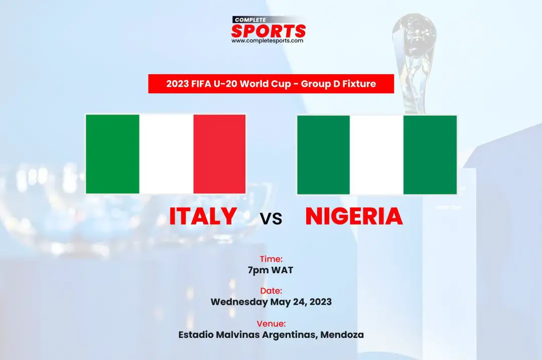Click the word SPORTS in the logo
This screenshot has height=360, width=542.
pyautogui.click(x=268, y=31)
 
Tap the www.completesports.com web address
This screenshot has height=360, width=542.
pyautogui.click(x=267, y=41)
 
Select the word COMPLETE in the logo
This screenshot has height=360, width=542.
pyautogui.click(x=250, y=20)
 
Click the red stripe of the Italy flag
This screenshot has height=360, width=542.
pyautogui.click(x=219, y=154)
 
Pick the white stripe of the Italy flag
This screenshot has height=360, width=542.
pyautogui.click(x=166, y=154)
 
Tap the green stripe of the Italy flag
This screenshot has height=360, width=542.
pyautogui.click(x=113, y=154)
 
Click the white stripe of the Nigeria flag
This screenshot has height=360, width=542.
pyautogui.click(x=376, y=155)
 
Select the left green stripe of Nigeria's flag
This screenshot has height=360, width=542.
pyautogui.click(x=324, y=155)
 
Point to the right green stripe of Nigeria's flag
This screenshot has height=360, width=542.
pyautogui.click(x=430, y=155)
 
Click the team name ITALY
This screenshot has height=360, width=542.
pyautogui.click(x=203, y=216)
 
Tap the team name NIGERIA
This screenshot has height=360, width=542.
pyautogui.click(x=354, y=216)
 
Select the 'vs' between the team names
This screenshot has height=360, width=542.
pyautogui.click(x=272, y=219)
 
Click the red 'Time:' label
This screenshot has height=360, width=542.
pyautogui.click(x=272, y=259)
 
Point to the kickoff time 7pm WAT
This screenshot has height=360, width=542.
pyautogui.click(x=270, y=270)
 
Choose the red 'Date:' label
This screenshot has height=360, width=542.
pyautogui.click(x=272, y=291)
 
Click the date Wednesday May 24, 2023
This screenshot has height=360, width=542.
pyautogui.click(x=272, y=302)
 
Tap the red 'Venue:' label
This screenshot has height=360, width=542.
pyautogui.click(x=272, y=324)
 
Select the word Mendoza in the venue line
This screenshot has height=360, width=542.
pyautogui.click(x=342, y=335)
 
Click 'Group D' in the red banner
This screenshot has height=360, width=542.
pyautogui.click(x=320, y=84)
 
